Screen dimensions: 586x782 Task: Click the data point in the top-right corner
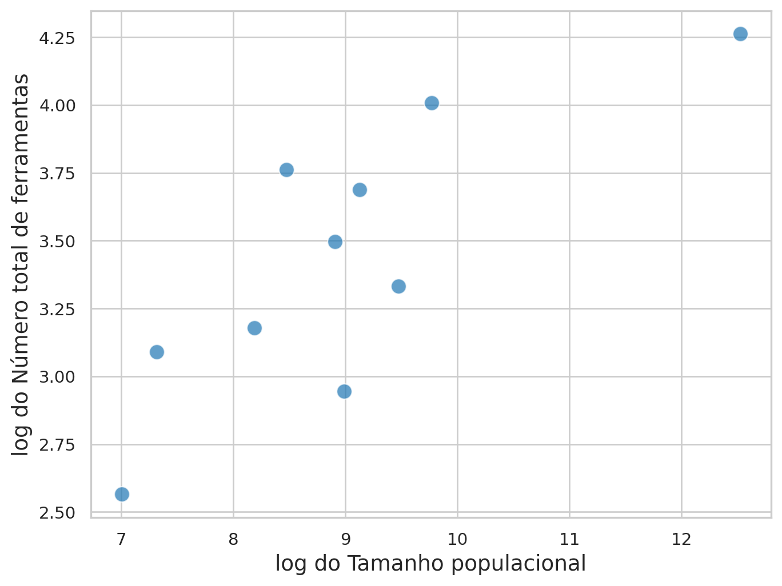[x=740, y=34]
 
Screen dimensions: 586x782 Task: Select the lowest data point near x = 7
[x=122, y=494]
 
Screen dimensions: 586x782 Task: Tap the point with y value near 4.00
[x=432, y=103]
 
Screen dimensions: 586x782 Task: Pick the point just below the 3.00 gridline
[x=344, y=391]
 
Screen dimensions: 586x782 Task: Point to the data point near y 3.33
[x=398, y=286]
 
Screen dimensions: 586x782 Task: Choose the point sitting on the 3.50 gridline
[x=335, y=242]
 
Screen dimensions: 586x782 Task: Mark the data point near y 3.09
[x=157, y=352]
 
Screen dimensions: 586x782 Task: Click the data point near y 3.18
[x=254, y=328]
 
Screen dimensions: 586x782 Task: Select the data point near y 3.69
[x=360, y=190]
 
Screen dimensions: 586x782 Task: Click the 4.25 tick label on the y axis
[x=57, y=38]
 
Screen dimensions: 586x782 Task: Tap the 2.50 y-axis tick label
[x=57, y=513]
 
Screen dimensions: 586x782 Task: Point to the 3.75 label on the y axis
[x=57, y=174]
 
